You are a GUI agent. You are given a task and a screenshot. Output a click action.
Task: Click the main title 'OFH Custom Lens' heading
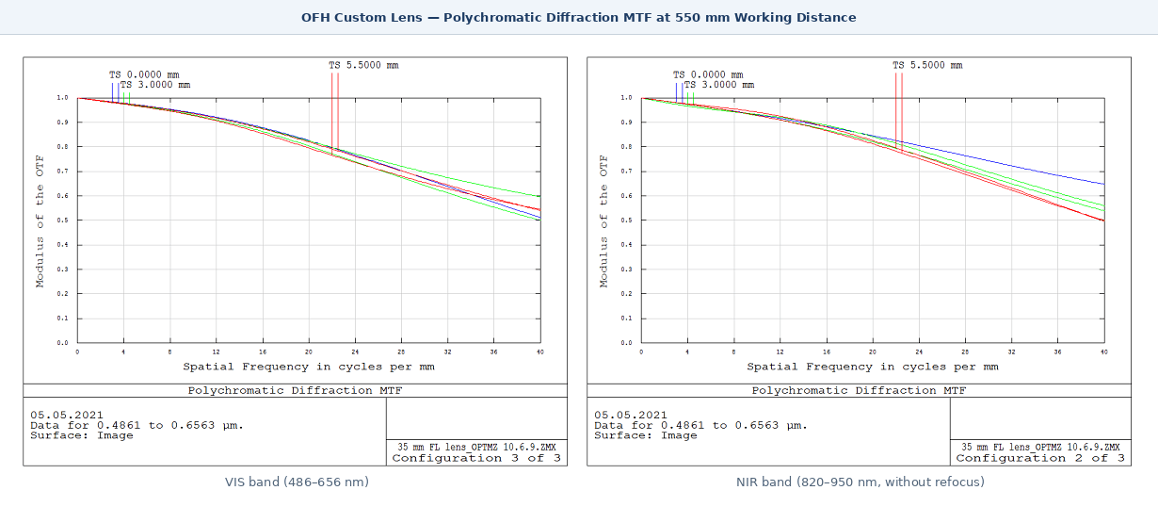tap(578, 17)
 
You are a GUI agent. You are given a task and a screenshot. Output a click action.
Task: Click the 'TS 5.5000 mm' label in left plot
tap(362, 65)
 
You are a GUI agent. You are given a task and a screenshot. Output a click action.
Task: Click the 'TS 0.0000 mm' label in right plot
tap(707, 74)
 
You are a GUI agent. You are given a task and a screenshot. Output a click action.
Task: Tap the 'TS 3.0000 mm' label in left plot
tap(154, 85)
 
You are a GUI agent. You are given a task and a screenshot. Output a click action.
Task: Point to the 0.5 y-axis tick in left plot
tap(63, 221)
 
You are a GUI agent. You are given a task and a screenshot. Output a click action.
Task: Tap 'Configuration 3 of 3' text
tap(475, 458)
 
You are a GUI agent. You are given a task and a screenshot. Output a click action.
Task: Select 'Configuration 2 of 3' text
tap(1039, 458)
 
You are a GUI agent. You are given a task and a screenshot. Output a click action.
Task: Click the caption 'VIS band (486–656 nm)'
tap(296, 482)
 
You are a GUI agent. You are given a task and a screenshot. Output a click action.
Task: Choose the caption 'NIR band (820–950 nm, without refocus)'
tap(860, 482)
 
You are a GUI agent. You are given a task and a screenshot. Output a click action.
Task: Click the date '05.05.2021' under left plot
tap(67, 415)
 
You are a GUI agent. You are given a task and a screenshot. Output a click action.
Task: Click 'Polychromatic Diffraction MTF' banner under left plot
tap(294, 390)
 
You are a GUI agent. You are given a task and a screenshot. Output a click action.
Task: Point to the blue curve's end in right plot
tap(1102, 184)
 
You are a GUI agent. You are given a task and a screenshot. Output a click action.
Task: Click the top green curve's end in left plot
tap(539, 196)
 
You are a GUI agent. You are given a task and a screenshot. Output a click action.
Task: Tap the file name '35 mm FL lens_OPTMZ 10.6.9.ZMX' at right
tap(1039, 447)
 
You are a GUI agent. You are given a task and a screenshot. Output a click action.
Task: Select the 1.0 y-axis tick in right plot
tap(627, 98)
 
